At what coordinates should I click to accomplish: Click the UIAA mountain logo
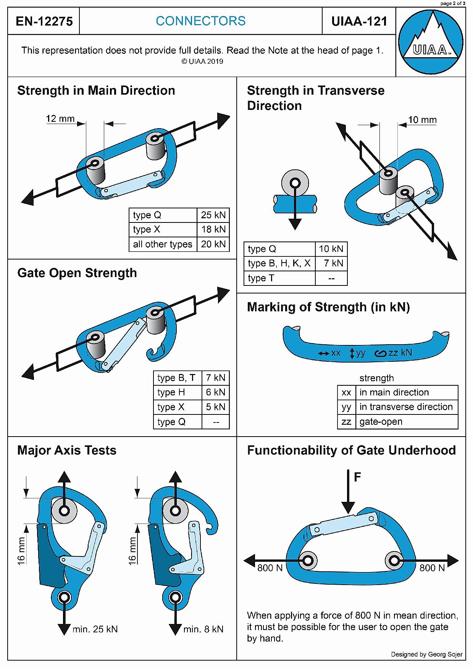point(431,42)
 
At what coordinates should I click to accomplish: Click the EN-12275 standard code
point(44,21)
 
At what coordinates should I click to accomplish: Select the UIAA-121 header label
point(359,21)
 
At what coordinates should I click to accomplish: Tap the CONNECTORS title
point(201,21)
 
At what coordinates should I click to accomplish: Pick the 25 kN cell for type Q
point(213,215)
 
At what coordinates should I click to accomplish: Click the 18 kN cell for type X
point(213,229)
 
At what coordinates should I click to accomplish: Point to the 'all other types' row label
point(163,244)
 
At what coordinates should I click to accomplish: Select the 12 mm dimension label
point(60,119)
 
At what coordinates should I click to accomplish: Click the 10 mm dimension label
point(422,120)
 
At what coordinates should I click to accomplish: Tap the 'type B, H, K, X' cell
point(279,263)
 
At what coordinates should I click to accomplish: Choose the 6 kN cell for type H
point(216,392)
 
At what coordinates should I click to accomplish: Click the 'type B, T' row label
point(176,378)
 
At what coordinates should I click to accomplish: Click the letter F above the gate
point(357,477)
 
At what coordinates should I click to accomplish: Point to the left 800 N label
point(270,568)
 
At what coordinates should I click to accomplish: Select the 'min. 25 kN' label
point(95,629)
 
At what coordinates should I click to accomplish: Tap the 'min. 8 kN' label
point(203,629)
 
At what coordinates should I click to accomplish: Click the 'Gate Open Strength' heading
point(77,273)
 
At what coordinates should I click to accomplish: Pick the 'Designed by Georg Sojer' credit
point(427,654)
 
